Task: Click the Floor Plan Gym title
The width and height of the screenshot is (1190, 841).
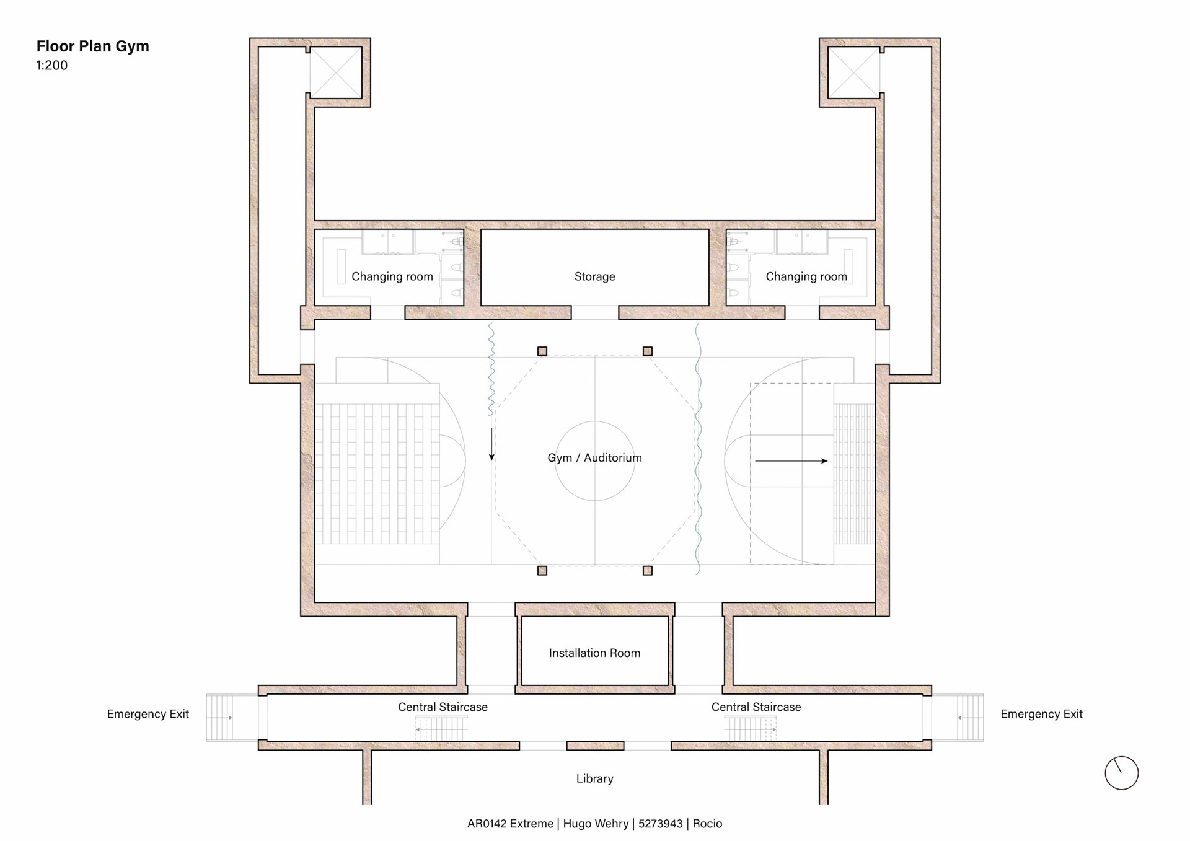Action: [92, 46]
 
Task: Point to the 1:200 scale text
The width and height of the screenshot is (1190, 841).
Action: [52, 66]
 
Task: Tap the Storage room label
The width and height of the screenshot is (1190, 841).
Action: [594, 276]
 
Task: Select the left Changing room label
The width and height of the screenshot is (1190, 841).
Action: [392, 276]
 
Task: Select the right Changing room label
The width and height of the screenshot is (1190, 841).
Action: [806, 276]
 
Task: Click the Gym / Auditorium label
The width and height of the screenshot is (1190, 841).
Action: [594, 458]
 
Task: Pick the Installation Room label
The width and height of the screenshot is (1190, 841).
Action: [594, 653]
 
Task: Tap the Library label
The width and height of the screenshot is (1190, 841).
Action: [594, 778]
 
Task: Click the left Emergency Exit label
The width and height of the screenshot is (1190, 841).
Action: [148, 714]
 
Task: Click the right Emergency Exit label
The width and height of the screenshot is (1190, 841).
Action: [1041, 714]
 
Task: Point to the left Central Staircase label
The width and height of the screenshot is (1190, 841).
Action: [443, 707]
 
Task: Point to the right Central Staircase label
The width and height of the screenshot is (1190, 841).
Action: [756, 707]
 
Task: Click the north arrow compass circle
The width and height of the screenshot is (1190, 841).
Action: [1121, 773]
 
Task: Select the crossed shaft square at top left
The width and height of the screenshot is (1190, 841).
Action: [335, 73]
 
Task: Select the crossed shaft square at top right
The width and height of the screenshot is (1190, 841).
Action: [853, 73]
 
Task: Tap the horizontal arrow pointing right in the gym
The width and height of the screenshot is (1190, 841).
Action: [791, 461]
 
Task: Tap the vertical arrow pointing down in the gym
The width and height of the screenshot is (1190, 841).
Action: [491, 444]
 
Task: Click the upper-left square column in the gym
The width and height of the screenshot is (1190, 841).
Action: [542, 351]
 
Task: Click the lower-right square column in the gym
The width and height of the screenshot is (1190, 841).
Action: [647, 570]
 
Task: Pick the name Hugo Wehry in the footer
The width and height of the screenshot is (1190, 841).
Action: [595, 824]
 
